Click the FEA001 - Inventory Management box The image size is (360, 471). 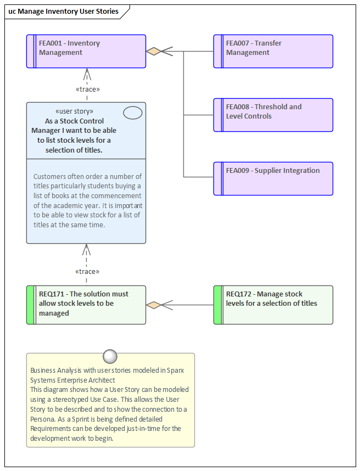86,51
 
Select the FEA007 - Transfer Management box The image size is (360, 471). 273,51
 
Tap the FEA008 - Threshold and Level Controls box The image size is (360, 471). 273,115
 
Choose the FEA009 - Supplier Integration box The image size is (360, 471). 273,178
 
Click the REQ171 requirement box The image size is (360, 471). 86,305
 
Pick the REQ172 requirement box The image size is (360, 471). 273,305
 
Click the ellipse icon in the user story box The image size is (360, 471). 133,113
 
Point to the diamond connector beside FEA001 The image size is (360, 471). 154,51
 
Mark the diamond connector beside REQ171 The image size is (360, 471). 154,305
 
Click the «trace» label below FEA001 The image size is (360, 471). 87,89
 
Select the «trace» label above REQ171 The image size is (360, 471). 87,271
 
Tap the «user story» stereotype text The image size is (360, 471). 75,111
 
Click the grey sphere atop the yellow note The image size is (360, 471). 110,356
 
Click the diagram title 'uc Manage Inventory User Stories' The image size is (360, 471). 64,11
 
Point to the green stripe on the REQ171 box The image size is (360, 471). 31,305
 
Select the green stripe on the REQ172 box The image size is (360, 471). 218,305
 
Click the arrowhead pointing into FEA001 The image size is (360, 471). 87,73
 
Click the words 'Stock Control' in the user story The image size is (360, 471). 82,121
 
